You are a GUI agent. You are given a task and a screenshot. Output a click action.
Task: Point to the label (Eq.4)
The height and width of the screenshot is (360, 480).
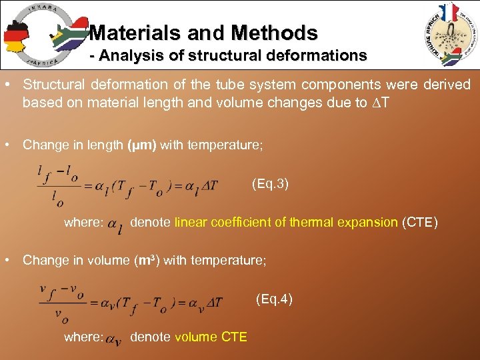coord(274,299)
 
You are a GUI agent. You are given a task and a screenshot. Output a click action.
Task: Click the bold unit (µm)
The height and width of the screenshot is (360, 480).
coord(142,145)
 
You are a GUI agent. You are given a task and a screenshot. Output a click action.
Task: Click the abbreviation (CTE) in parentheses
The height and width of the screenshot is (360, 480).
coord(419,222)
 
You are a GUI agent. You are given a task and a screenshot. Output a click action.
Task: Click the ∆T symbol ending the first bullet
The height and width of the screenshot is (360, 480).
coord(379,103)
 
